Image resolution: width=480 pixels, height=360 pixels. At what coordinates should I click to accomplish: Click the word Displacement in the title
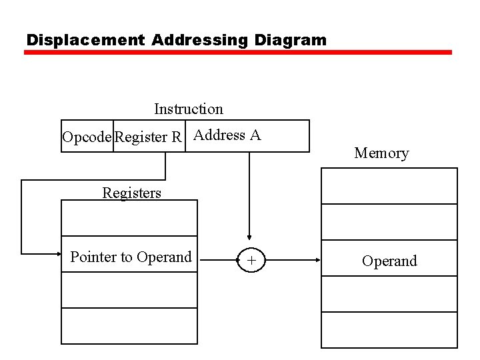click(x=85, y=40)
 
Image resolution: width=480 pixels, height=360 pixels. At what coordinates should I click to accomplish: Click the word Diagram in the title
click(x=291, y=40)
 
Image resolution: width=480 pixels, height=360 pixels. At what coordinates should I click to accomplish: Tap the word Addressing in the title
click(x=199, y=40)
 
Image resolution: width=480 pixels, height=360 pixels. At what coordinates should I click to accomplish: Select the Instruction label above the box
click(x=189, y=109)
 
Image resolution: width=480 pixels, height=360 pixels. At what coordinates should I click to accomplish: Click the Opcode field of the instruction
click(x=87, y=137)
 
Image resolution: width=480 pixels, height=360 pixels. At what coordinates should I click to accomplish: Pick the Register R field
click(x=148, y=137)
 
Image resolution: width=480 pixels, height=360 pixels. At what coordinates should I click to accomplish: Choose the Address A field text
click(x=227, y=135)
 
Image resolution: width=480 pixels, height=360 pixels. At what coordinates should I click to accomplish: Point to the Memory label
click(x=381, y=153)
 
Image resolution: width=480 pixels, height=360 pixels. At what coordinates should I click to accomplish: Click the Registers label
click(x=131, y=193)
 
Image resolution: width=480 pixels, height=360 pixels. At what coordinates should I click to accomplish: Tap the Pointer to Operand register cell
click(x=131, y=257)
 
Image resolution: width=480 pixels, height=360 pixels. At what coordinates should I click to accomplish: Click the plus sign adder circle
click(x=251, y=261)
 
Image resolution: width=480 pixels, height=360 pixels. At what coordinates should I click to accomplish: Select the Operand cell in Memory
click(x=389, y=261)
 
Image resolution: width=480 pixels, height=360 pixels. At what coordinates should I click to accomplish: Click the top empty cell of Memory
click(x=389, y=185)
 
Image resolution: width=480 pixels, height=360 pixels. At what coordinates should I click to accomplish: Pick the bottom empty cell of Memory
click(x=389, y=330)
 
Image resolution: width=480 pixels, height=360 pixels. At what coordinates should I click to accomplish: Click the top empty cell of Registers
click(x=129, y=218)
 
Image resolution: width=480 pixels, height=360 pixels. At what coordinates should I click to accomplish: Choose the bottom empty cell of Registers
click(x=129, y=326)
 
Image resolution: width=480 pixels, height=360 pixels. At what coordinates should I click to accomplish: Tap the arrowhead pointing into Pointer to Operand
click(x=56, y=253)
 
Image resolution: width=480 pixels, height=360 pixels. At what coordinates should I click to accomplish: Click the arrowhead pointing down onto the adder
click(x=249, y=236)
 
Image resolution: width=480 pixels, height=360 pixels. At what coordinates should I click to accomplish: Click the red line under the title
click(x=238, y=52)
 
